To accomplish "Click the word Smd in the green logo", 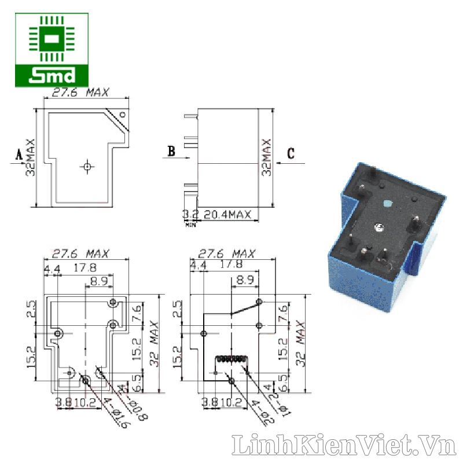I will coord(52,75).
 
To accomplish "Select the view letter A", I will coord(19,155).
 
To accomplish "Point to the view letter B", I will coord(171,152).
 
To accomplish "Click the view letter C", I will coord(291,153).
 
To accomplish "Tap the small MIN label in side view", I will coord(190,224).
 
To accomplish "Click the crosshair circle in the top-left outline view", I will coord(87,167).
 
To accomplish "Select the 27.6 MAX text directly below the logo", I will coord(81,93).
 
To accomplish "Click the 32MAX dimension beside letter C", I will coord(266,157).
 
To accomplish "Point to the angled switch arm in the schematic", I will coord(245,308).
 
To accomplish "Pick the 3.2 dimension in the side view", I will coord(190,215).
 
